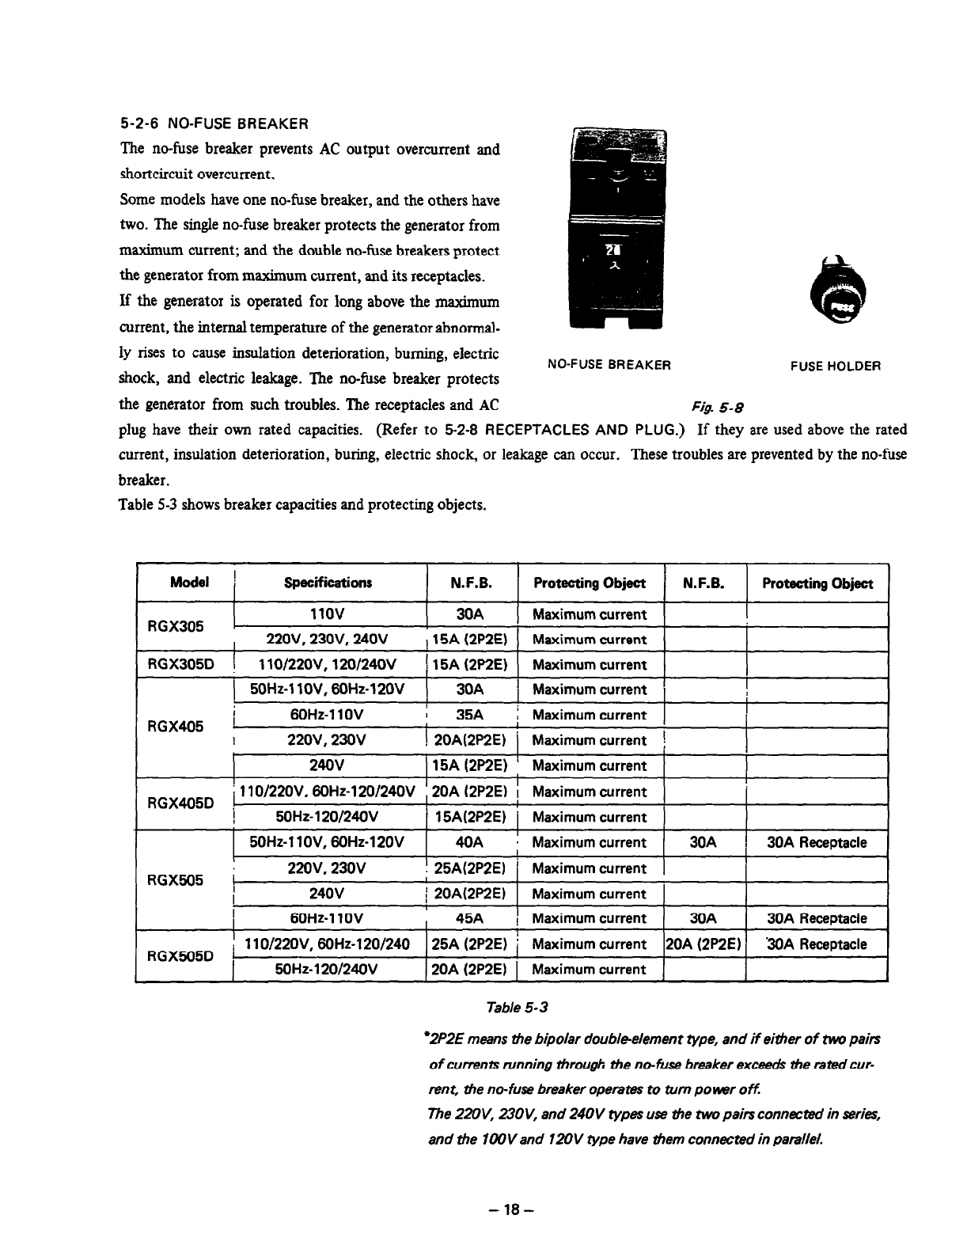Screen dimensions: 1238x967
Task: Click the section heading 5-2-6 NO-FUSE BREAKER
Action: click(x=213, y=124)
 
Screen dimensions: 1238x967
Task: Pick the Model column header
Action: click(x=189, y=583)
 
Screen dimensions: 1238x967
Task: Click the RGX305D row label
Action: click(x=176, y=665)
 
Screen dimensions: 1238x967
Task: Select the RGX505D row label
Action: click(x=176, y=956)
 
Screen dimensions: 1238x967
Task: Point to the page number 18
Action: click(x=514, y=1210)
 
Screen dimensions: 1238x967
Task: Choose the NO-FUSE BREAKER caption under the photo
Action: click(x=609, y=366)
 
